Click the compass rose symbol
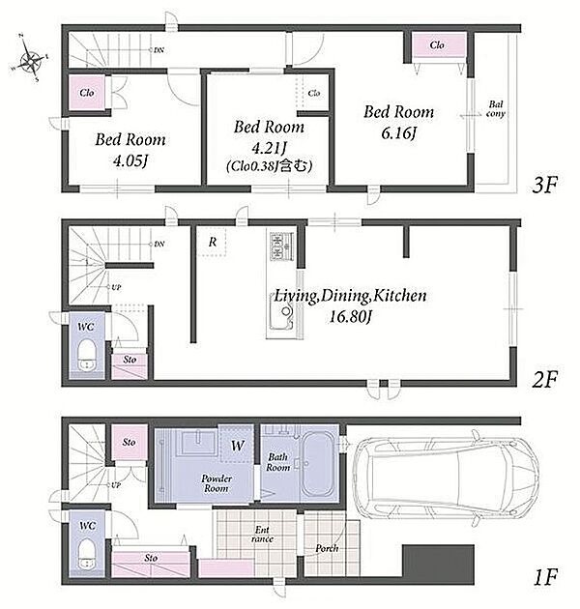pyautogui.click(x=30, y=59)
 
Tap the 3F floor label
pyautogui.click(x=544, y=185)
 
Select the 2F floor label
pyautogui.click(x=544, y=380)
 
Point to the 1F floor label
pyautogui.click(x=545, y=577)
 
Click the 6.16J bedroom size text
pyautogui.click(x=398, y=133)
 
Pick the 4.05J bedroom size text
pyautogui.click(x=130, y=160)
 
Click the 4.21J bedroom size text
pyautogui.click(x=269, y=148)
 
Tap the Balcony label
pyautogui.click(x=495, y=109)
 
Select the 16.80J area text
pyautogui.click(x=350, y=316)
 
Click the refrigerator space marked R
pyautogui.click(x=212, y=242)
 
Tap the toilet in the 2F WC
pyautogui.click(x=86, y=356)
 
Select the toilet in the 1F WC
pyautogui.click(x=87, y=554)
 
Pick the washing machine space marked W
pyautogui.click(x=237, y=445)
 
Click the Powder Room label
pyautogui.click(x=217, y=483)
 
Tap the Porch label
pyautogui.click(x=327, y=548)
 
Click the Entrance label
pyautogui.click(x=262, y=534)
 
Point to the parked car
pyautogui.click(x=446, y=478)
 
